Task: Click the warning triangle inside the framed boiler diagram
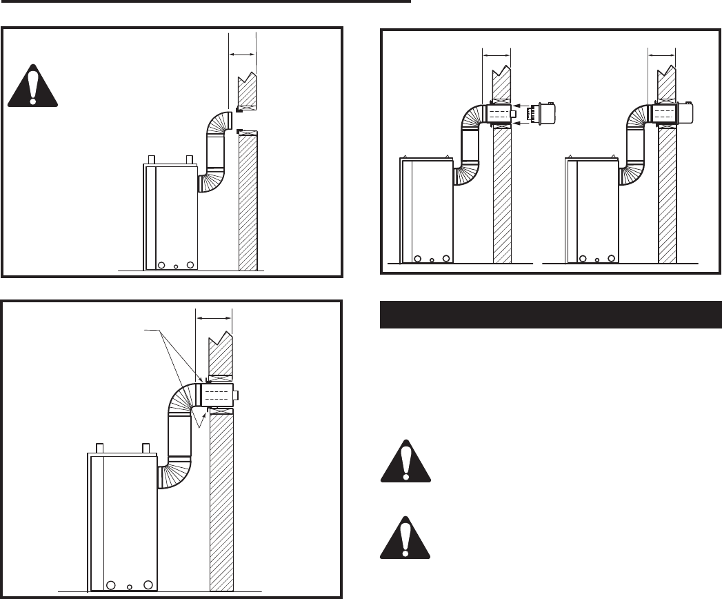click(33, 86)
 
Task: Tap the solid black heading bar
click(550, 315)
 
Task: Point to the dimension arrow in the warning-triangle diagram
click(242, 52)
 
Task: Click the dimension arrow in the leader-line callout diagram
click(214, 319)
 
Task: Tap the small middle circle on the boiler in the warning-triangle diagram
click(176, 266)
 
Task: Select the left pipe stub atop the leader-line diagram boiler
click(99, 447)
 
